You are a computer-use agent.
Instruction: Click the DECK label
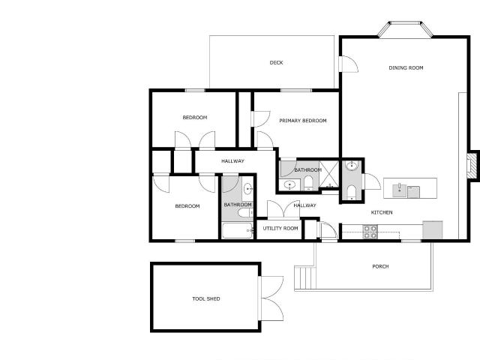tap(276, 63)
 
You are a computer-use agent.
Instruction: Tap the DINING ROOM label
tap(406, 68)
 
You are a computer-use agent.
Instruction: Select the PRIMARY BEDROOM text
tap(303, 121)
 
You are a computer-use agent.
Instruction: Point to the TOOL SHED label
tap(206, 298)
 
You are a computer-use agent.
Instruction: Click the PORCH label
tap(380, 267)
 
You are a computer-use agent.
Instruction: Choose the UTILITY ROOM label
tap(280, 228)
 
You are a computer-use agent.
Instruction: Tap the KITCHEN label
tap(382, 212)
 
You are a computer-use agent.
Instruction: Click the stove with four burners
tap(370, 232)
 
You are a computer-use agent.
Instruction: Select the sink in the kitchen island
tap(400, 190)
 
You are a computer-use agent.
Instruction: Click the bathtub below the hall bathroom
tap(238, 230)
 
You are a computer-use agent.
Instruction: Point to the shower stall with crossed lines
tap(328, 174)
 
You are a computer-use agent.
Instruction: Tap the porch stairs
tap(305, 277)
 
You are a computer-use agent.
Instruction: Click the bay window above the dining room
tap(405, 30)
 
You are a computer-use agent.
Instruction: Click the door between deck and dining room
tap(348, 64)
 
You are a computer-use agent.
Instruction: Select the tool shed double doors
tap(271, 298)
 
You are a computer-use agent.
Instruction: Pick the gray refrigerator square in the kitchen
tap(433, 230)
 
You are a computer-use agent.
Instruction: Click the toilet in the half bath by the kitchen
tap(352, 192)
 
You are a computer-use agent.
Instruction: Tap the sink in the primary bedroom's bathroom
tap(289, 185)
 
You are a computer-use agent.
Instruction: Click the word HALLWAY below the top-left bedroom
tap(232, 161)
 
